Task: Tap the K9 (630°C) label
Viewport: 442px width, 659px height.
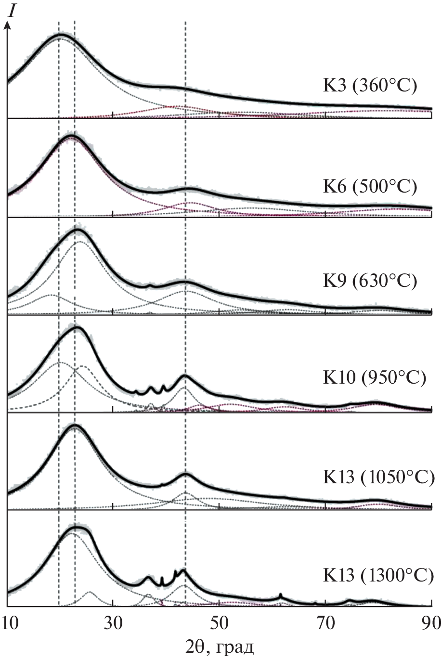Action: click(x=369, y=280)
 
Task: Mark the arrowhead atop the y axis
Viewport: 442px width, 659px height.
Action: click(x=7, y=22)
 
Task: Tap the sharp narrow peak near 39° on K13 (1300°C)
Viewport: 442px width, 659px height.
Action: click(x=162, y=578)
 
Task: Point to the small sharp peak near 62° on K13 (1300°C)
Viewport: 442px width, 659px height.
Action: click(x=280, y=595)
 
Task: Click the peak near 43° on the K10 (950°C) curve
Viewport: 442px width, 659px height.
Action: click(x=185, y=376)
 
